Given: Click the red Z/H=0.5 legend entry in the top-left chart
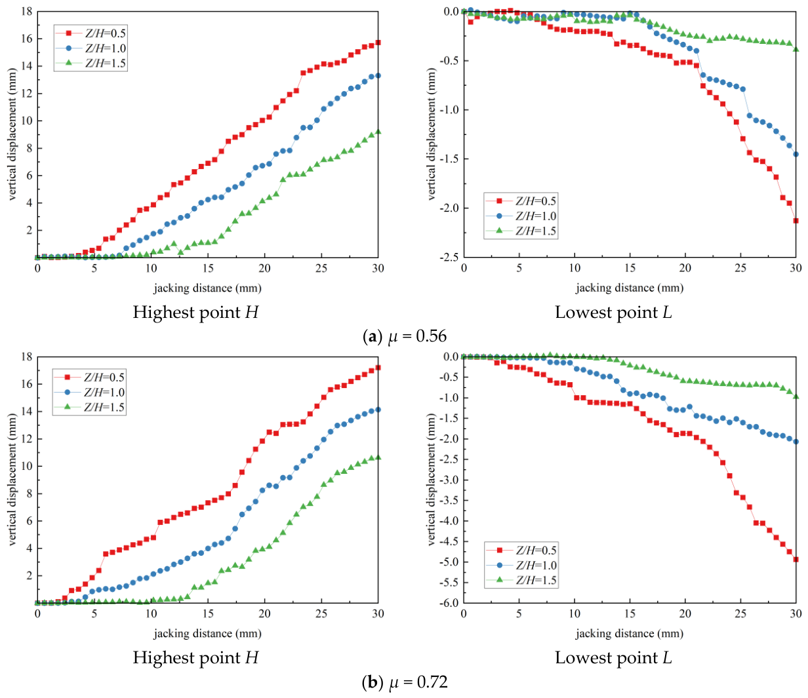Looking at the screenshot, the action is [x=91, y=33].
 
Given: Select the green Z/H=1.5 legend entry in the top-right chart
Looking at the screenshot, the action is [x=520, y=231].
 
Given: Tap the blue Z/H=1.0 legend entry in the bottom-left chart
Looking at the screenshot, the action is [x=89, y=392].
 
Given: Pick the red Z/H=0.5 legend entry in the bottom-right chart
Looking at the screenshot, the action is [x=521, y=551].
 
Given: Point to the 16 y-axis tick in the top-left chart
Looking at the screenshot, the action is [x=27, y=39].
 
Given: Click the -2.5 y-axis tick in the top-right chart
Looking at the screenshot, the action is [x=449, y=258].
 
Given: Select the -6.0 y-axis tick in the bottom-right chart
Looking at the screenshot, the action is [x=449, y=603].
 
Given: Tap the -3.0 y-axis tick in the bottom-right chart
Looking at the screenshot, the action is [x=449, y=480].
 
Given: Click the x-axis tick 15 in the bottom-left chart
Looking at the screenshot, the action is [x=208, y=613].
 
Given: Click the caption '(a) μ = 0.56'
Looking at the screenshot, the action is [x=404, y=336].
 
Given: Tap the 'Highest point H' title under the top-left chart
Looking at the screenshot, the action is [x=195, y=312].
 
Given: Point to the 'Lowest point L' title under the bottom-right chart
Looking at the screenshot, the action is [x=613, y=657].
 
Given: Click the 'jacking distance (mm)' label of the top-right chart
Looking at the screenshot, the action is [x=630, y=288].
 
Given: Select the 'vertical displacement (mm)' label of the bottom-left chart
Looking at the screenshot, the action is [x=12, y=479].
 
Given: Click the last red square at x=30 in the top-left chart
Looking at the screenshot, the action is [x=378, y=42].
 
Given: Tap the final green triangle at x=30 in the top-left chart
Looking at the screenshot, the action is [x=378, y=131].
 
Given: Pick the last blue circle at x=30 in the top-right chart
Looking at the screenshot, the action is [x=796, y=154].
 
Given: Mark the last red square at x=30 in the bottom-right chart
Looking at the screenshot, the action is [x=796, y=559].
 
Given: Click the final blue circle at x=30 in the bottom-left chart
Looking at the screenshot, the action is [x=378, y=410].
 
